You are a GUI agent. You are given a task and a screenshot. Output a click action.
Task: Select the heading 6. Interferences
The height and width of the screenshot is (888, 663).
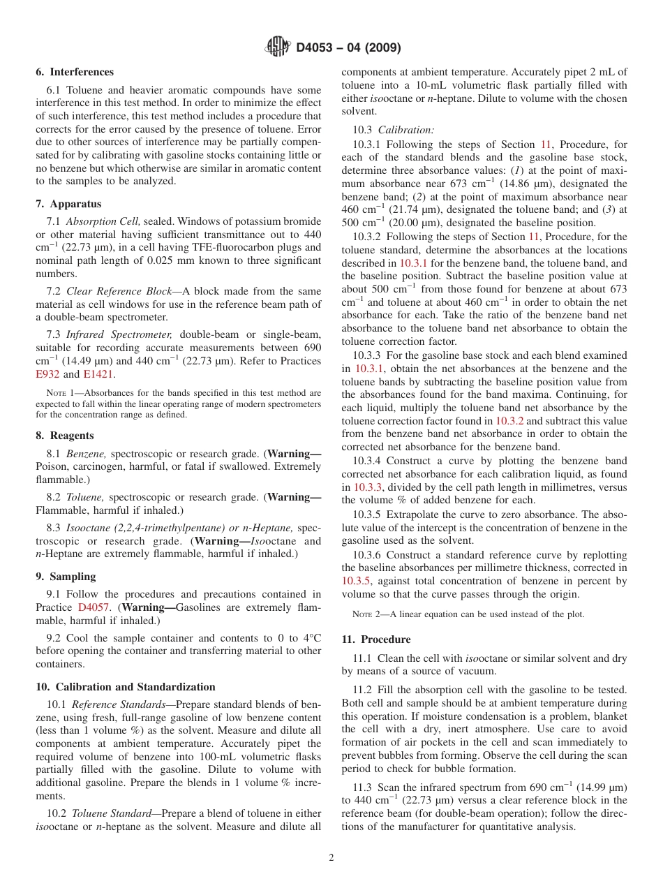pyautogui.click(x=75, y=72)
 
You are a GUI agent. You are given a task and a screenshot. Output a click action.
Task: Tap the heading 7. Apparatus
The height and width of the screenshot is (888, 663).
pyautogui.click(x=68, y=204)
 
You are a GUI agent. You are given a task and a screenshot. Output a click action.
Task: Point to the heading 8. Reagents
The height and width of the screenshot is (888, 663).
pyautogui.click(x=65, y=436)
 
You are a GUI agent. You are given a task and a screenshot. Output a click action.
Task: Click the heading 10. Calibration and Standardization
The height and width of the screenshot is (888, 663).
pyautogui.click(x=126, y=687)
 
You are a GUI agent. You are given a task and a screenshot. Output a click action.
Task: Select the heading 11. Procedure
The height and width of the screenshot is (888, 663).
pyautogui.click(x=376, y=639)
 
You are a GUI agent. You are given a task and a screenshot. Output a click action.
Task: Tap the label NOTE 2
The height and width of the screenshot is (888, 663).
pyautogui.click(x=366, y=614)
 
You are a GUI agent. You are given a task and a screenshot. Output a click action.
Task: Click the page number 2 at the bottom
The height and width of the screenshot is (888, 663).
pyautogui.click(x=331, y=858)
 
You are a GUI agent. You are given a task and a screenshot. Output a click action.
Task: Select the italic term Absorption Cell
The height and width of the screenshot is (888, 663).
pyautogui.click(x=104, y=221)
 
